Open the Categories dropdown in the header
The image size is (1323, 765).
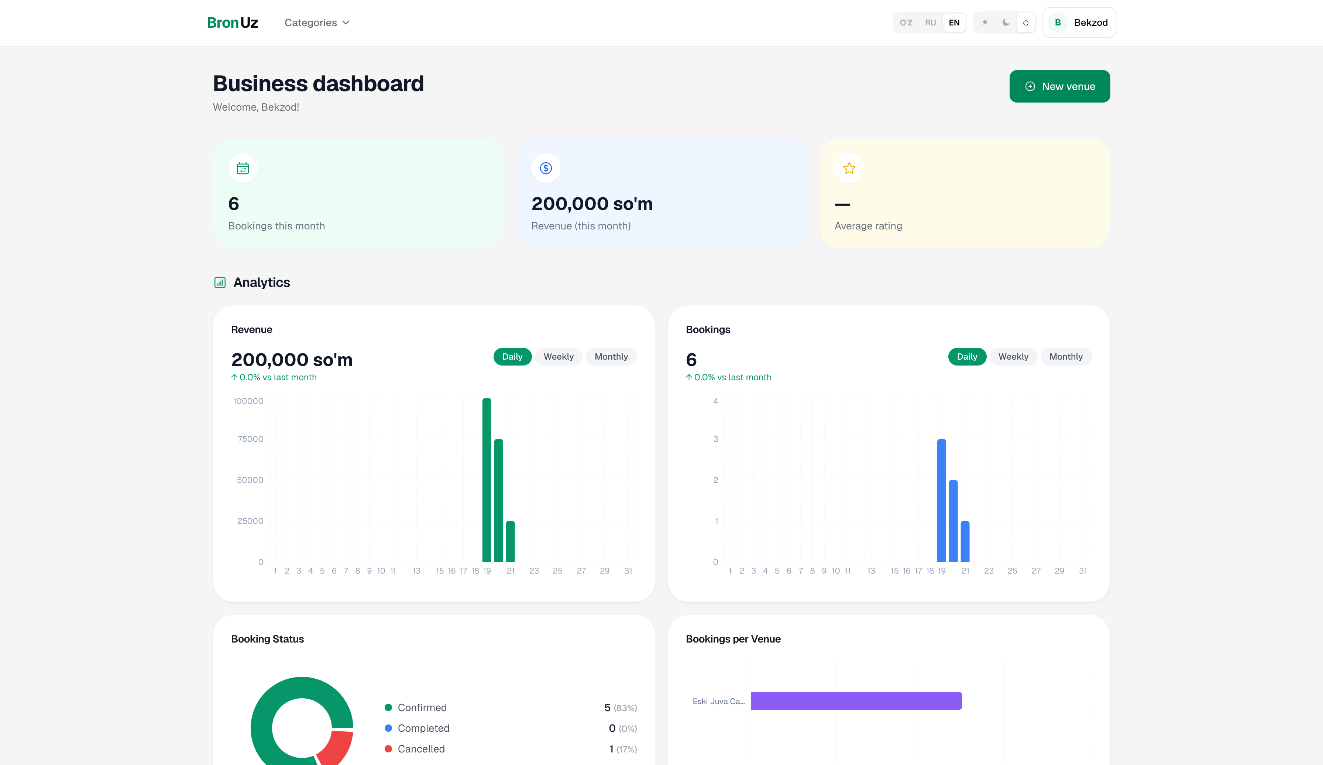(317, 22)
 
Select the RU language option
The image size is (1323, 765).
(930, 22)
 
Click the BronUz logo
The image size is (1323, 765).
(233, 22)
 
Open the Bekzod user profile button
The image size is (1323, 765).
(1079, 22)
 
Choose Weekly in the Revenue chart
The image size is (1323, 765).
(559, 357)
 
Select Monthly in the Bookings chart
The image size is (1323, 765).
(1066, 357)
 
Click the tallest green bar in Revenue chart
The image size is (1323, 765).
(487, 480)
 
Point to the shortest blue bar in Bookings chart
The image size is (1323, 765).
(965, 541)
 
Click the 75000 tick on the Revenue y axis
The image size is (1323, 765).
(250, 439)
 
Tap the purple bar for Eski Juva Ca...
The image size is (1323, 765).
(856, 701)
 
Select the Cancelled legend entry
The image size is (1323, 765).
(415, 749)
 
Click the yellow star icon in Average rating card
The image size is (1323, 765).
(849, 169)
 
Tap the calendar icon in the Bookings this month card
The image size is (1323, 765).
(243, 169)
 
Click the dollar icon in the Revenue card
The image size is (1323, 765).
(546, 169)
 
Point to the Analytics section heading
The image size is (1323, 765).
(261, 282)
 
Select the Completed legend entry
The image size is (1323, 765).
(417, 728)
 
